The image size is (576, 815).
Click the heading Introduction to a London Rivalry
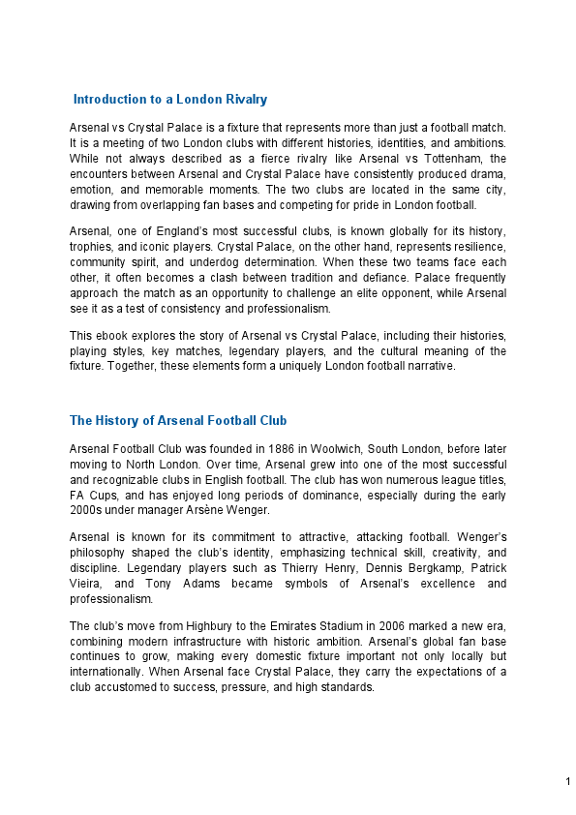pos(170,100)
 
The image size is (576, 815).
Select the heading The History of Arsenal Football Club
pos(178,421)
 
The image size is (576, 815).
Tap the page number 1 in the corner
pos(567,781)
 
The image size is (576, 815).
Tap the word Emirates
pos(299,625)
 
